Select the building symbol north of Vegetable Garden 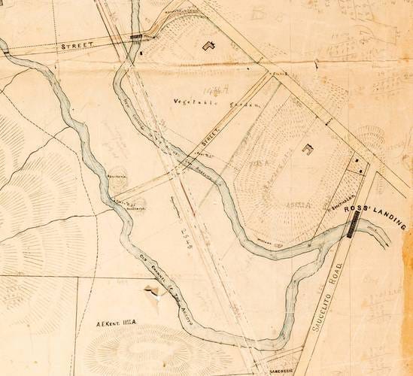click(208, 45)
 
